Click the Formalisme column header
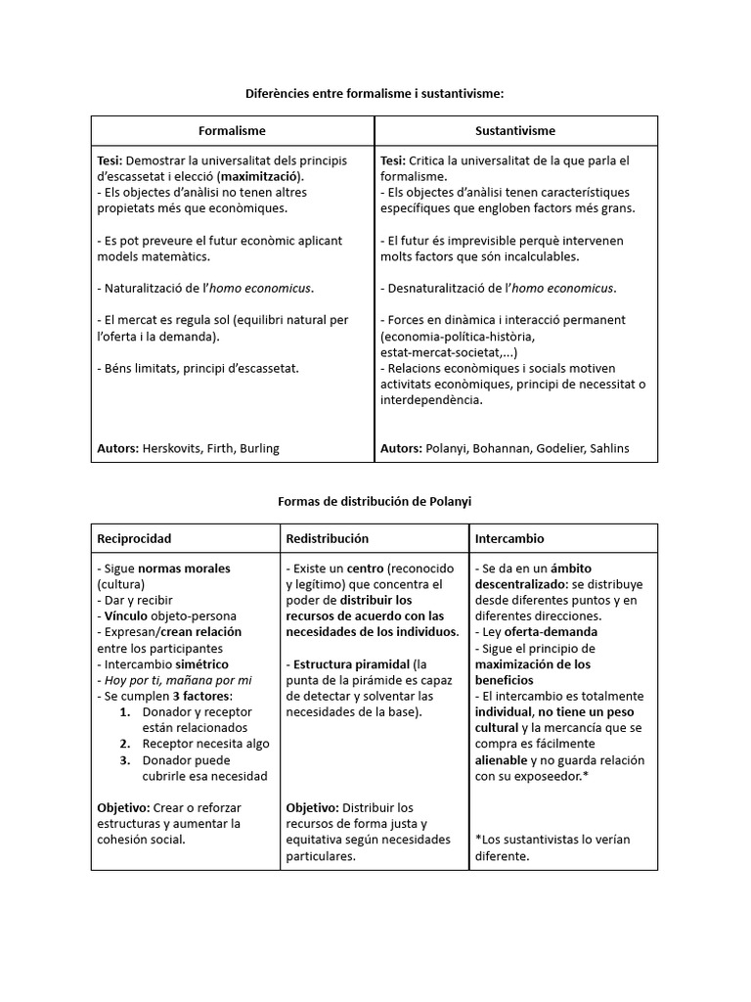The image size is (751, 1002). pos(232,130)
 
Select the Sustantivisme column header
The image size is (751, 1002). pos(515,130)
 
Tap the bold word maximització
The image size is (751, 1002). pos(260,176)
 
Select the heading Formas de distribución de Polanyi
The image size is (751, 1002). pos(375,501)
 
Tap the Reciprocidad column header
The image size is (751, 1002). pos(135,538)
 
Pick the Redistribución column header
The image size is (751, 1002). pos(327,538)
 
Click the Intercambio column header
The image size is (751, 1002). pos(509,538)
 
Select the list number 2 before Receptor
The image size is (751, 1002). pos(125,744)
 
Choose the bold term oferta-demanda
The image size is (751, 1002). pos(539,632)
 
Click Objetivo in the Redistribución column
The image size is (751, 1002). pos(312,807)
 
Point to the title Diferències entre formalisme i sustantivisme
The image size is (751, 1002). pos(375,93)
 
